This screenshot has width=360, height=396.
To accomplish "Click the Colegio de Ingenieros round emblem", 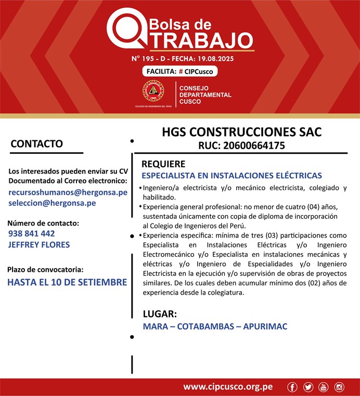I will coord(153,92).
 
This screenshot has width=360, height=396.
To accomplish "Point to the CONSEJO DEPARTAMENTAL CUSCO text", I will coord(205,95).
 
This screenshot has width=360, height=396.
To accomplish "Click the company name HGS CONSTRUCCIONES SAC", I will coord(241,132).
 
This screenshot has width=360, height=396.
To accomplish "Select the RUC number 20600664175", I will coord(260,146).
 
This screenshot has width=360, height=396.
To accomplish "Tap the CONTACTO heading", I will coord(36,143).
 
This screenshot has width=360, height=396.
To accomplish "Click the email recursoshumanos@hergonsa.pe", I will coord(68,192).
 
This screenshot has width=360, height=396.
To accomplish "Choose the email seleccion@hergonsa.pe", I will coord(52,203).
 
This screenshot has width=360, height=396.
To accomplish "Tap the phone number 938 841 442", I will coord(32,233).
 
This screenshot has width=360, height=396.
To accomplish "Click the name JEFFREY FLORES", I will coord(39,244).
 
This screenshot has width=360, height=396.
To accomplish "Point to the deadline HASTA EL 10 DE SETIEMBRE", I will coord(67,282).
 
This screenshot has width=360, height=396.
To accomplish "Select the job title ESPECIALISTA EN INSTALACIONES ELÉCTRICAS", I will coord(232,176).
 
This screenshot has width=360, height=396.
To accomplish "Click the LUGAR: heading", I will coord(160,314).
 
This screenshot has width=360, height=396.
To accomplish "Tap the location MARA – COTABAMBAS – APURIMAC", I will coord(215,326).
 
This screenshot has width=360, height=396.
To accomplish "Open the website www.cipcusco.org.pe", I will coord(228,387).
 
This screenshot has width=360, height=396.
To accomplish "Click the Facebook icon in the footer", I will coord(292,387).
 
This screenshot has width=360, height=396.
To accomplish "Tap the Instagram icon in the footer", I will coord(339,387).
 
